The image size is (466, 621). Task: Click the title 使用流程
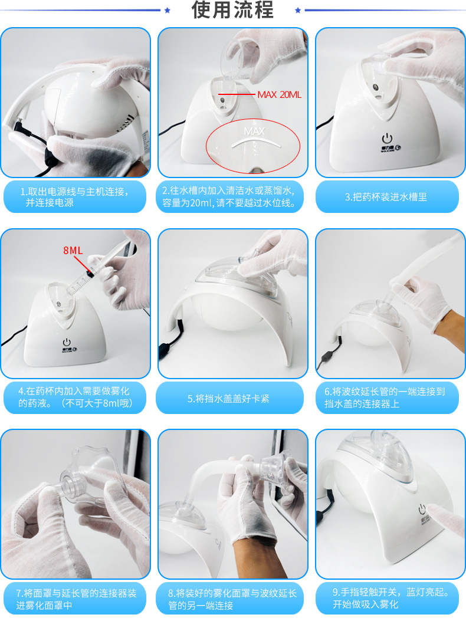click(232, 10)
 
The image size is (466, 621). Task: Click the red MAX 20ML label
click(280, 95)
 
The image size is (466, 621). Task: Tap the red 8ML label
click(73, 250)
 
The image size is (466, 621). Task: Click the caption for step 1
click(74, 197)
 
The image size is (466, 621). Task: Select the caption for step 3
click(386, 197)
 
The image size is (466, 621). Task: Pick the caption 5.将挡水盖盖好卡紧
click(229, 399)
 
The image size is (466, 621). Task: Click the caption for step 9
click(390, 598)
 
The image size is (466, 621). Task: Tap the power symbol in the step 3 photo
click(387, 139)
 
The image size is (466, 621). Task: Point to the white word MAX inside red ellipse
click(254, 131)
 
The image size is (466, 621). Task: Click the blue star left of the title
click(167, 10)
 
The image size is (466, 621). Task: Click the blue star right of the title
click(297, 10)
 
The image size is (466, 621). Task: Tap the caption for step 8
click(232, 599)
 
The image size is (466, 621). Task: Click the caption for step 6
click(385, 397)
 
